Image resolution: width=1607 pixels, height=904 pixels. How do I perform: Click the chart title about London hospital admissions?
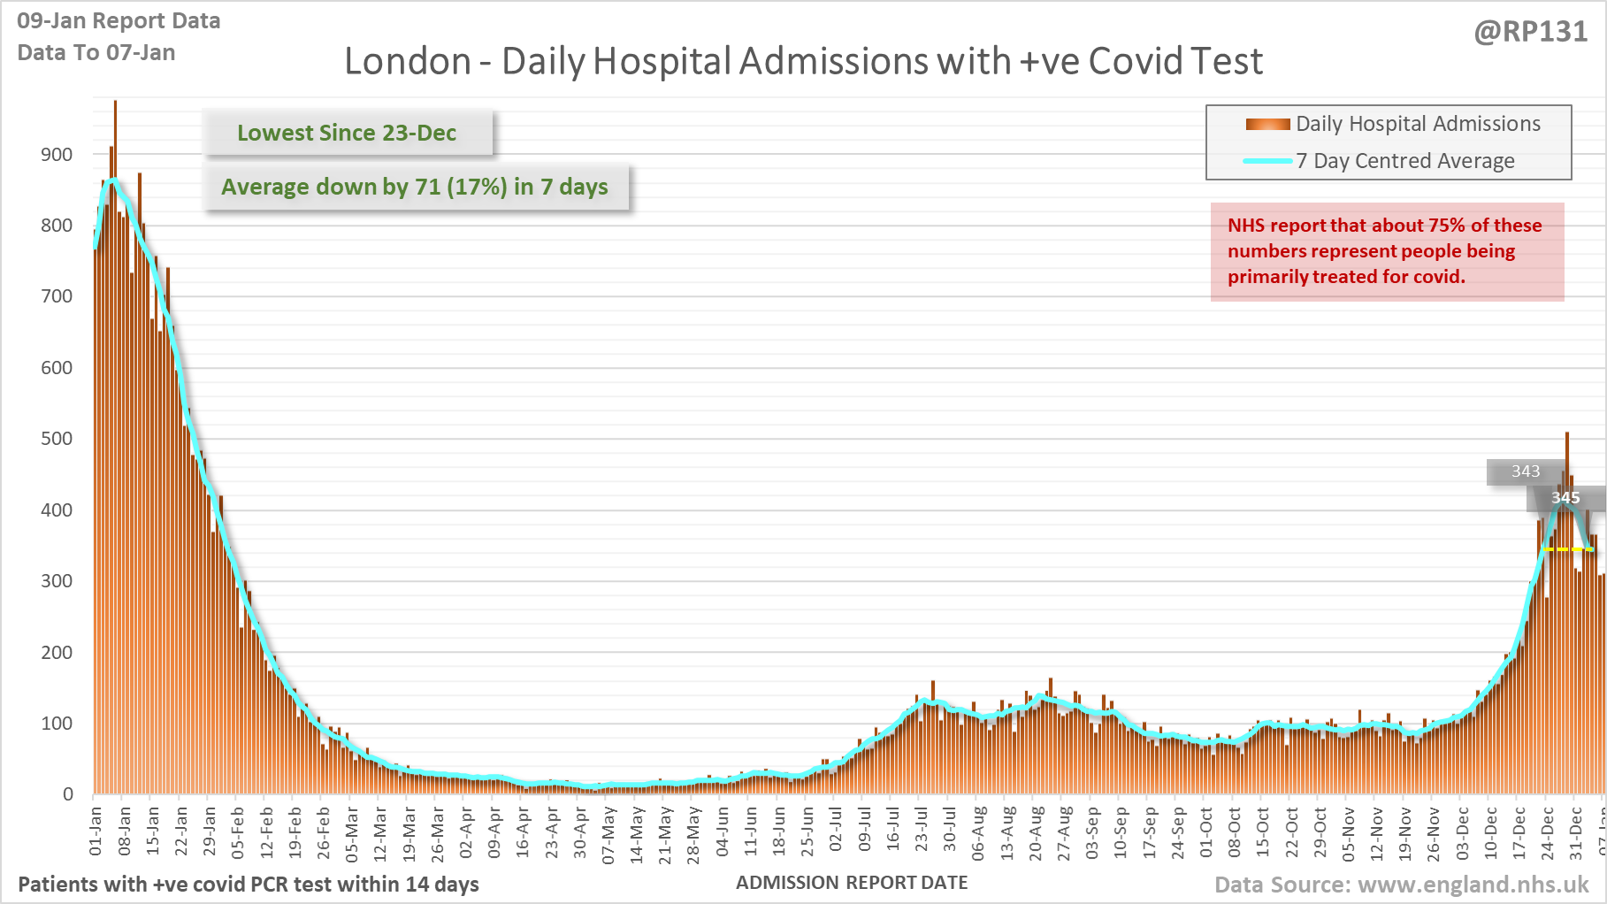point(803,62)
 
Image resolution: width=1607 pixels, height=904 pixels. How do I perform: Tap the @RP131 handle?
point(1530,32)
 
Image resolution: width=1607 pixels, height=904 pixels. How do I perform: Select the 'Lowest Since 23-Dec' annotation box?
point(347,133)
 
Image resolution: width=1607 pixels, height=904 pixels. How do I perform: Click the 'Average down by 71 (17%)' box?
point(415,187)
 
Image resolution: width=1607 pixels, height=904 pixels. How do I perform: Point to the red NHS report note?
point(1386,251)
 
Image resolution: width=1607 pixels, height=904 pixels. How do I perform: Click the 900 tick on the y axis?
point(57,155)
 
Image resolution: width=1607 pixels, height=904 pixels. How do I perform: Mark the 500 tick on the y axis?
point(57,439)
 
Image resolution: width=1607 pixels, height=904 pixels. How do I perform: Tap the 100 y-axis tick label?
point(57,724)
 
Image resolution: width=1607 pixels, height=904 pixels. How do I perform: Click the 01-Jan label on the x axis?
point(96,831)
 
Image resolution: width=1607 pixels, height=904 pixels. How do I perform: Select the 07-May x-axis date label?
point(608,833)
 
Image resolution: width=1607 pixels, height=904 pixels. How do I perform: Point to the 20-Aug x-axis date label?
point(1036,833)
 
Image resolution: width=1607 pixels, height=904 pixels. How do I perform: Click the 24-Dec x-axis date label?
point(1548,833)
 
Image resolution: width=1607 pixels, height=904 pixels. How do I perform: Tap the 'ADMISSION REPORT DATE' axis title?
point(852,883)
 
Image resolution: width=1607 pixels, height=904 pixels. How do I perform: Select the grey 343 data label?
point(1525,471)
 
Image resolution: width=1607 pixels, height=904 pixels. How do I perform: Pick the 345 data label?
point(1565,498)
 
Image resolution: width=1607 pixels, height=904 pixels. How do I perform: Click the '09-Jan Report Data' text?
point(119,21)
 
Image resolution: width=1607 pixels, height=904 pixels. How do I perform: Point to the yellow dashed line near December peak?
point(1568,549)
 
